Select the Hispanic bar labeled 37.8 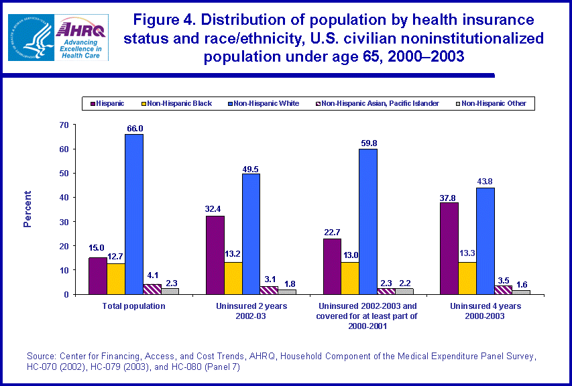pos(449,248)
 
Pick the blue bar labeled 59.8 pos(367,221)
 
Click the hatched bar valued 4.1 pos(152,289)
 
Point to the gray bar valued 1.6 pos(522,292)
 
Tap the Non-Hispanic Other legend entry pos(494,103)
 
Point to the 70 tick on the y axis pos(64,125)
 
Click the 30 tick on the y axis pos(64,222)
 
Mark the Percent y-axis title pos(28,209)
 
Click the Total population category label pos(134,306)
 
